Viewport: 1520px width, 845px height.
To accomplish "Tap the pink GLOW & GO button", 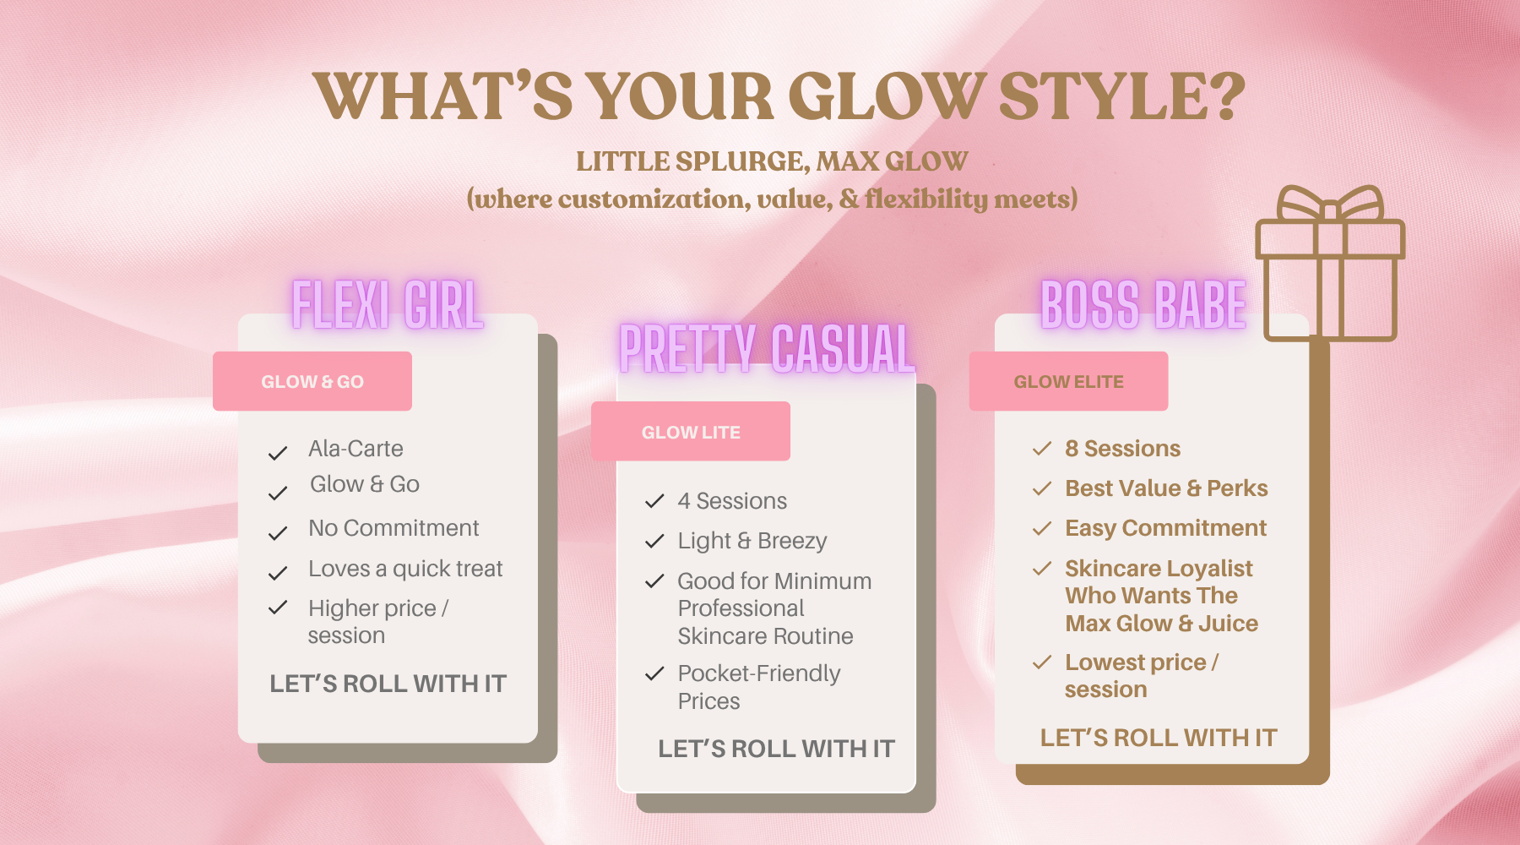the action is pyautogui.click(x=312, y=381).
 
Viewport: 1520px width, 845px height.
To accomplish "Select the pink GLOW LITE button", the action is pyautogui.click(x=691, y=432).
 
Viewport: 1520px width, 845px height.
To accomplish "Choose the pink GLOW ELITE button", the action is pyautogui.click(x=1068, y=381).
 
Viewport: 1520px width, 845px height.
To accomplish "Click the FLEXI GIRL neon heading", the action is pyautogui.click(x=388, y=305).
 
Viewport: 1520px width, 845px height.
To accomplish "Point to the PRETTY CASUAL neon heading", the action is pyautogui.click(x=767, y=348).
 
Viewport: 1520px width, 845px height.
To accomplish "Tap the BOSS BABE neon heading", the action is pyautogui.click(x=1143, y=305).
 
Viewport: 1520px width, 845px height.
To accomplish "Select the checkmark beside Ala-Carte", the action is pyautogui.click(x=278, y=454).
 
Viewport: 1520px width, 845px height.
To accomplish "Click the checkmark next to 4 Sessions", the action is pyautogui.click(x=654, y=501).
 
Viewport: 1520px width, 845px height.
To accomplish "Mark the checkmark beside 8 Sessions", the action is pyautogui.click(x=1042, y=448).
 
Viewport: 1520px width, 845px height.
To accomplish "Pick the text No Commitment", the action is pyautogui.click(x=394, y=528).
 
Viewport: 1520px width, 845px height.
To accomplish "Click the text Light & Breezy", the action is pyautogui.click(x=752, y=541).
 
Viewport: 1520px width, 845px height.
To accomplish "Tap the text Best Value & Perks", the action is pyautogui.click(x=1166, y=488).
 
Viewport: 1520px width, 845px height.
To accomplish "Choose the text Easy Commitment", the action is pyautogui.click(x=1165, y=528).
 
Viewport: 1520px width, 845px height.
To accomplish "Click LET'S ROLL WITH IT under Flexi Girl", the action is pyautogui.click(x=388, y=684).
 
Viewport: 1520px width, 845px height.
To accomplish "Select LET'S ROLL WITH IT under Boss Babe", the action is pyautogui.click(x=1159, y=738).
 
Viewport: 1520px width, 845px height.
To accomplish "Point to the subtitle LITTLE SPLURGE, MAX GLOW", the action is pyautogui.click(x=772, y=161).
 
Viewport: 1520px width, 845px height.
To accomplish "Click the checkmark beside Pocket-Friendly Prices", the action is pyautogui.click(x=654, y=673).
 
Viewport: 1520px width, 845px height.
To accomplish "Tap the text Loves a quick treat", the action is pyautogui.click(x=405, y=569).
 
